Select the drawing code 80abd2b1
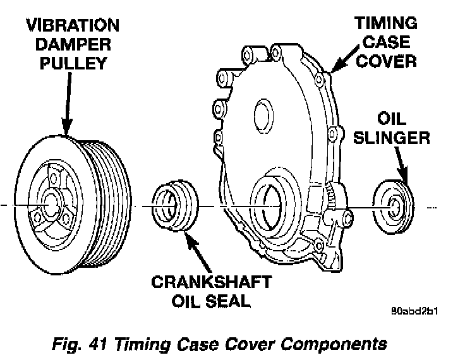point(415,311)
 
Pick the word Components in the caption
point(341,345)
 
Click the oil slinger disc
point(392,204)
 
